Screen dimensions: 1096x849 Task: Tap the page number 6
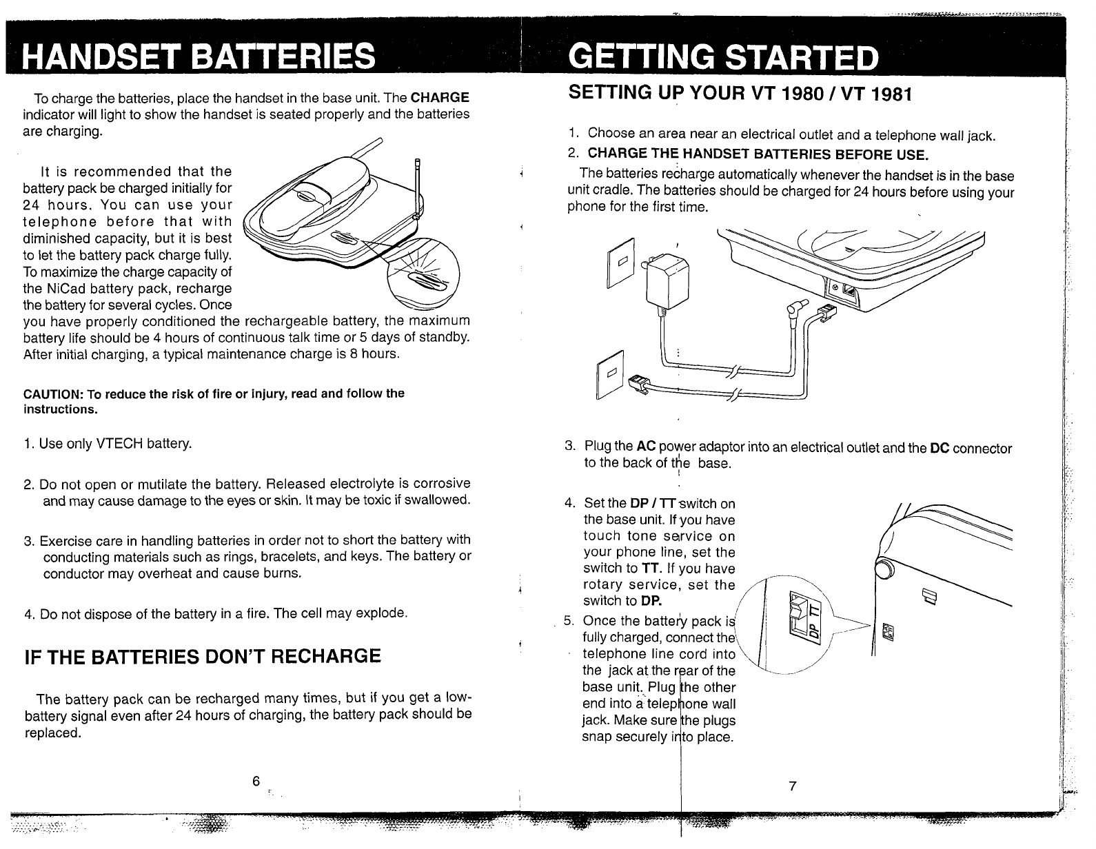point(255,781)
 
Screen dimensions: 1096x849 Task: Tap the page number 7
point(793,786)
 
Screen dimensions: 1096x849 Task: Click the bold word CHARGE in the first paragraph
point(440,97)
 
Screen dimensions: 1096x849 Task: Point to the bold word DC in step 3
point(939,449)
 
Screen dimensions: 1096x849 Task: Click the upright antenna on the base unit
point(416,188)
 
